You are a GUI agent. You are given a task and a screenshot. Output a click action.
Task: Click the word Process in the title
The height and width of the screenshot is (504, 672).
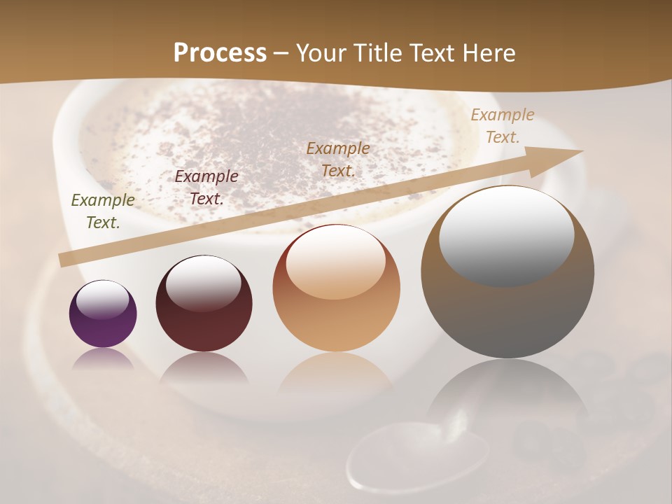coord(220,53)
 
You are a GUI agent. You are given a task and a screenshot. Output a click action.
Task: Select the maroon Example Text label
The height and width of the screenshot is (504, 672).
coord(206,188)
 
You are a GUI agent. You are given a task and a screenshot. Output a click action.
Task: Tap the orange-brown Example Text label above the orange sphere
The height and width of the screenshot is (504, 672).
coord(338,160)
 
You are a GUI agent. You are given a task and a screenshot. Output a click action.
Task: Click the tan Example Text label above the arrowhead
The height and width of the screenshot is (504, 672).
coord(503,126)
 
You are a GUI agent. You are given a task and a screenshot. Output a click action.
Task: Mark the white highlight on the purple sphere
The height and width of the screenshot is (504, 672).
coord(103,300)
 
